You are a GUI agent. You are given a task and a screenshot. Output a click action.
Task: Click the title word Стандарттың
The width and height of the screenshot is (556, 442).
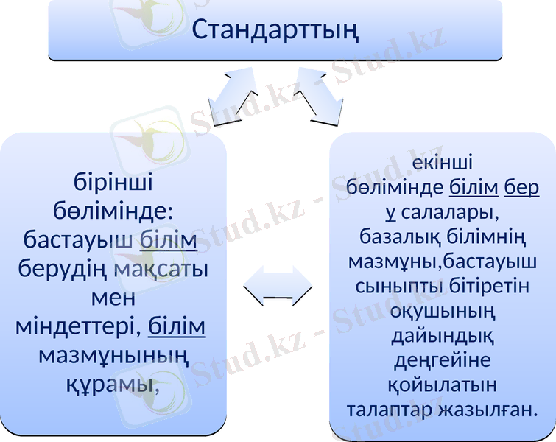275,30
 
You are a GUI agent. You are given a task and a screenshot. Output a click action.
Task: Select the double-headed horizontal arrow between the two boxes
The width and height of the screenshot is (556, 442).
278,286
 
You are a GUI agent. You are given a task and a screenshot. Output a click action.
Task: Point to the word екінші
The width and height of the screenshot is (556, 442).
443,162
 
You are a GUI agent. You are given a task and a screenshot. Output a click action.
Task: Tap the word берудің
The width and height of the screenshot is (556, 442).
63,269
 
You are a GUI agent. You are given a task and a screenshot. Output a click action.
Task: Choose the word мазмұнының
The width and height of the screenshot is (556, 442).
113,355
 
